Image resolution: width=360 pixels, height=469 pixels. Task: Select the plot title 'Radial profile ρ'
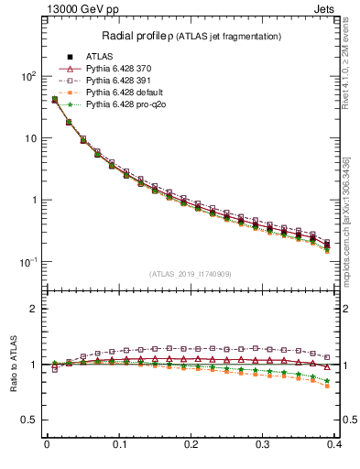point(139,36)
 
